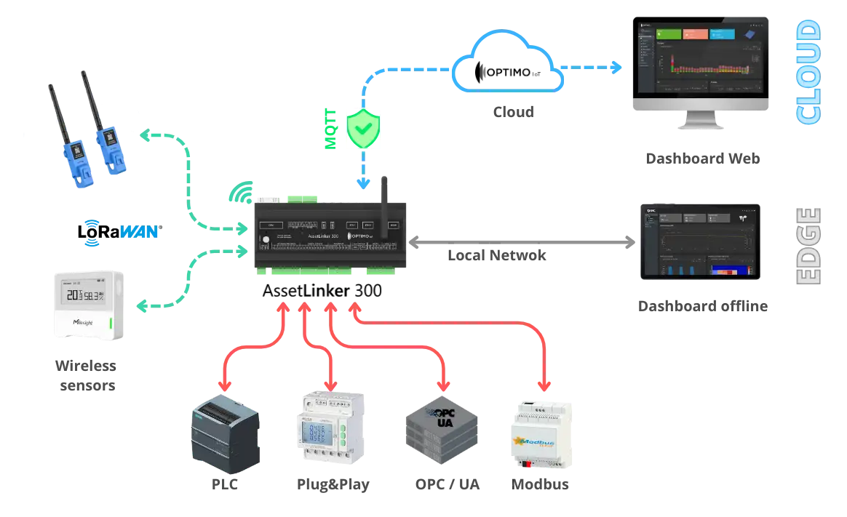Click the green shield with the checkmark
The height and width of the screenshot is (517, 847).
click(x=363, y=129)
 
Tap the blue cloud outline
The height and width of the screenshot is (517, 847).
click(x=509, y=64)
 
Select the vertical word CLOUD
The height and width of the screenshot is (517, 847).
click(x=808, y=72)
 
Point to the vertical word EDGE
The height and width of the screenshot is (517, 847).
click(x=806, y=244)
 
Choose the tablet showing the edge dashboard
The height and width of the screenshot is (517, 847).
click(x=698, y=243)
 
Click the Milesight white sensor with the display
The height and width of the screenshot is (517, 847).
click(x=90, y=303)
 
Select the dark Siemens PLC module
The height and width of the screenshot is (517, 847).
click(x=223, y=433)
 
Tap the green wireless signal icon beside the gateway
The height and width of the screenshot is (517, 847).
click(x=239, y=193)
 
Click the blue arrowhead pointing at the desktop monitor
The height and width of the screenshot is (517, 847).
click(x=617, y=68)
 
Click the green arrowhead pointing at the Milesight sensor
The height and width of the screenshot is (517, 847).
click(x=143, y=306)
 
